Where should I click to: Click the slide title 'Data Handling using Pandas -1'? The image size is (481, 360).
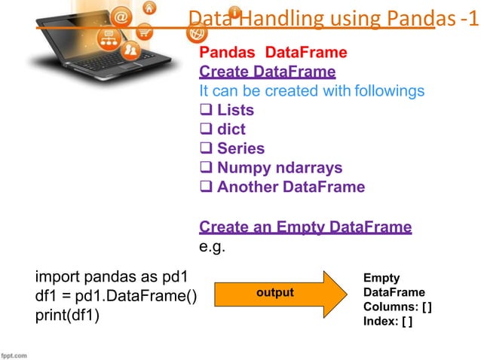(x=332, y=18)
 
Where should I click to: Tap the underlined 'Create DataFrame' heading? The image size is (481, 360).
(x=267, y=72)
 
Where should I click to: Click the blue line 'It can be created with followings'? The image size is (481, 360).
(x=311, y=91)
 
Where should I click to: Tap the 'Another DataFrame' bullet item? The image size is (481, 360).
(x=282, y=187)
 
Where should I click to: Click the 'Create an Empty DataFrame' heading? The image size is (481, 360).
(x=305, y=227)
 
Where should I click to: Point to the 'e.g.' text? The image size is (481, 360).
(x=213, y=246)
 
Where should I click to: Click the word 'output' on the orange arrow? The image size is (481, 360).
(x=274, y=292)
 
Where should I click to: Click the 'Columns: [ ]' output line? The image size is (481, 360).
(x=397, y=307)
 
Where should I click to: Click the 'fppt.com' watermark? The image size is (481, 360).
(x=15, y=353)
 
